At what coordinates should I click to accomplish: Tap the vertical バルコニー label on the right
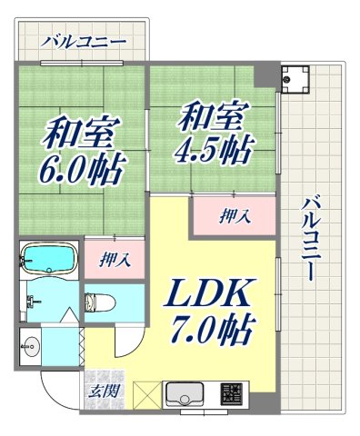pos(311,238)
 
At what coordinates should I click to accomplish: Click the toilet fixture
pos(99,302)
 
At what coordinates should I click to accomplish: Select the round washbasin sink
pos(31,345)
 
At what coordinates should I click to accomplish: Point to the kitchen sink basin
pos(184,395)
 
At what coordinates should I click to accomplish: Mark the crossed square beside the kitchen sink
pos(146,395)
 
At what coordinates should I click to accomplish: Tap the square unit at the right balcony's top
pos(295,80)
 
